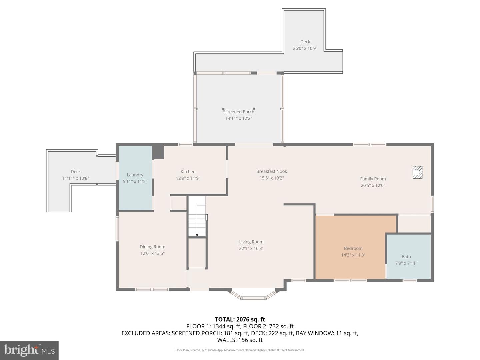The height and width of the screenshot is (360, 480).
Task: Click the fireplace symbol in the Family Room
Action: tap(417, 172)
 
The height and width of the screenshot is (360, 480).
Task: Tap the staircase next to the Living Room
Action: tap(197, 220)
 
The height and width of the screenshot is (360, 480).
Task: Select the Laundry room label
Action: tap(135, 175)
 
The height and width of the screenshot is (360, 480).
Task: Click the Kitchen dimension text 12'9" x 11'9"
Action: tap(188, 178)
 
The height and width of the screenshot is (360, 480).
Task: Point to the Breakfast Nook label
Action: tap(271, 171)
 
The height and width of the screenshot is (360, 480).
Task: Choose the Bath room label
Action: tap(406, 256)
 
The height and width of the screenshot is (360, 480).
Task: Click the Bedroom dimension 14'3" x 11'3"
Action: tap(353, 255)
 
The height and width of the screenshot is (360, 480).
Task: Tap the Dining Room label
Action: tap(152, 247)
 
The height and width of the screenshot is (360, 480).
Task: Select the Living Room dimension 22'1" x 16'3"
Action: tap(251, 248)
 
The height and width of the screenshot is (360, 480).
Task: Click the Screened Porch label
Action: tap(239, 112)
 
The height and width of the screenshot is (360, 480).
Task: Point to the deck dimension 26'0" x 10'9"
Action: tap(305, 48)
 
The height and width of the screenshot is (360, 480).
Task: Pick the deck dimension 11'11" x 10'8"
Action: tap(76, 178)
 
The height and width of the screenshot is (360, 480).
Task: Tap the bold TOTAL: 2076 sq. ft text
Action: tap(240, 319)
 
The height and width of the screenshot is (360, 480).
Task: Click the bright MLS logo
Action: tap(29, 350)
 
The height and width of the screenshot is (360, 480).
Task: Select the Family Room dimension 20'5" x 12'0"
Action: tap(373, 185)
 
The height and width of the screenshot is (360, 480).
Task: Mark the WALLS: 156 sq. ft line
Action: tap(240, 340)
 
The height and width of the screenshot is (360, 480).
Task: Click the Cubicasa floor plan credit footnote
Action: tap(240, 350)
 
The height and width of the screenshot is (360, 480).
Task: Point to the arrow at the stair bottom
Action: tap(197, 235)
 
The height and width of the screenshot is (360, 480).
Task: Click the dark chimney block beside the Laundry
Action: tap(158, 152)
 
